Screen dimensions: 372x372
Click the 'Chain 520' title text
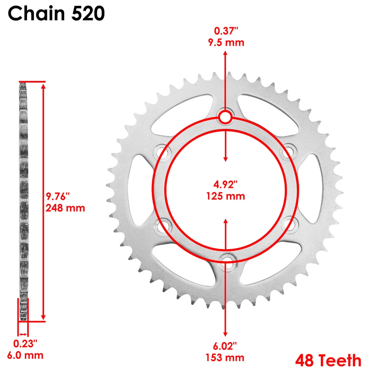(x=57, y=14)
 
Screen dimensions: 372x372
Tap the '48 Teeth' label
(x=328, y=360)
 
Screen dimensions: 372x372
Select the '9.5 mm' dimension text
(x=225, y=42)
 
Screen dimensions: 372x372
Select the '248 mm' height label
(x=65, y=208)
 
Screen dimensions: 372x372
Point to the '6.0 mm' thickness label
(x=25, y=355)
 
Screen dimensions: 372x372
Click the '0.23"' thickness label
(x=25, y=344)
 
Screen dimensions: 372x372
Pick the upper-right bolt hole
(x=288, y=152)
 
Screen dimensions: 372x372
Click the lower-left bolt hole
(x=162, y=224)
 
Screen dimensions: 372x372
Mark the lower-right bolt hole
(x=288, y=224)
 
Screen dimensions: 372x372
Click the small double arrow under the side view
(x=23, y=334)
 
